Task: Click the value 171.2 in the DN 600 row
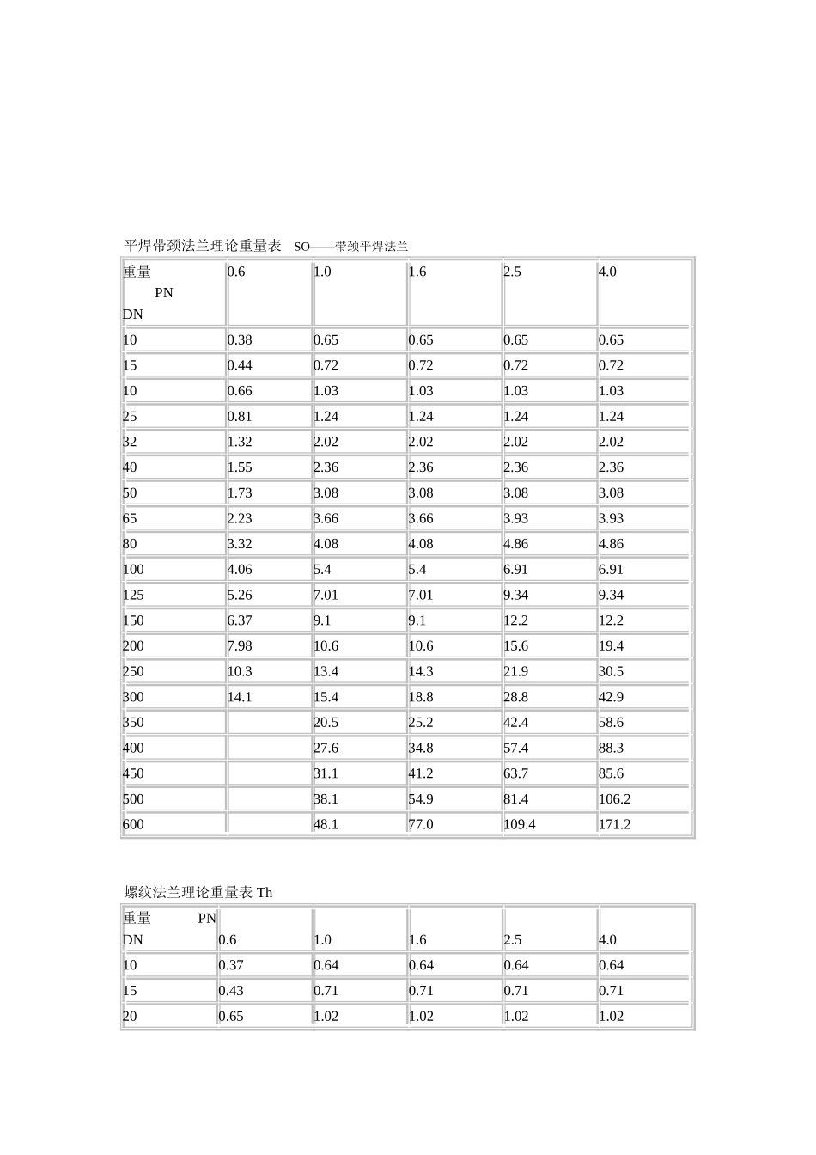pyautogui.click(x=614, y=824)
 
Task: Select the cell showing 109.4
pyautogui.click(x=520, y=824)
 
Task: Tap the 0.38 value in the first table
pyautogui.click(x=240, y=339)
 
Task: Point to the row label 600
pyautogui.click(x=133, y=824)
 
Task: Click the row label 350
pyautogui.click(x=133, y=722)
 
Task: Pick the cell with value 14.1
pyautogui.click(x=240, y=697)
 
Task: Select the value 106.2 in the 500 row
pyautogui.click(x=614, y=798)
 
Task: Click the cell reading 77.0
pyautogui.click(x=421, y=824)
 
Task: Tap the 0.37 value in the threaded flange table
pyautogui.click(x=231, y=965)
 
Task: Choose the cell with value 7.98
pyautogui.click(x=240, y=645)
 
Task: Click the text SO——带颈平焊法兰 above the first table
pyautogui.click(x=350, y=247)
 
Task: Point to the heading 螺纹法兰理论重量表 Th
pyautogui.click(x=198, y=893)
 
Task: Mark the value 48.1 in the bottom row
pyautogui.click(x=326, y=824)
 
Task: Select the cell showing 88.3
pyautogui.click(x=611, y=748)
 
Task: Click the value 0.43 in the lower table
pyautogui.click(x=231, y=990)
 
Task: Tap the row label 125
pyautogui.click(x=133, y=595)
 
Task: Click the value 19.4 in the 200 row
pyautogui.click(x=611, y=645)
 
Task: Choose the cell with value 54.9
pyautogui.click(x=421, y=798)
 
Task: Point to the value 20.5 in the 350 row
pyautogui.click(x=326, y=722)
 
